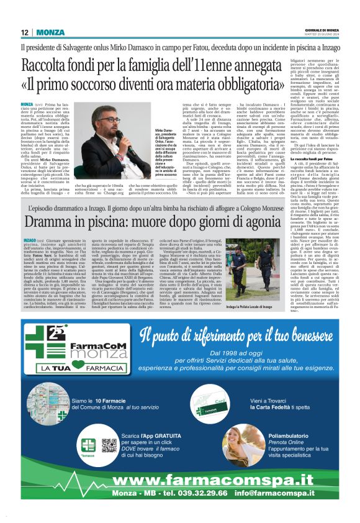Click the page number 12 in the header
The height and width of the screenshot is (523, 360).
(25, 32)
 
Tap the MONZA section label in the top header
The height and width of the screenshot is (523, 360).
(50, 32)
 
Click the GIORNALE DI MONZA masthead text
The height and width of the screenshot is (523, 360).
(324, 30)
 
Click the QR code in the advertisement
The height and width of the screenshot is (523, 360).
(109, 445)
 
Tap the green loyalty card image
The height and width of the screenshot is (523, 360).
(204, 406)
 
